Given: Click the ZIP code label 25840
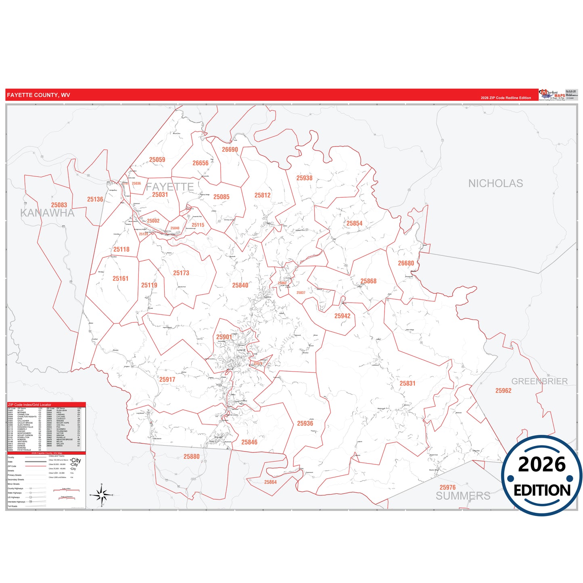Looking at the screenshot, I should pyautogui.click(x=240, y=285).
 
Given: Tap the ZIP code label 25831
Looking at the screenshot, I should pyautogui.click(x=407, y=383).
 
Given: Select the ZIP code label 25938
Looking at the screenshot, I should pyautogui.click(x=304, y=178).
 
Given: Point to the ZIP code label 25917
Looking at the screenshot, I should pyautogui.click(x=167, y=379).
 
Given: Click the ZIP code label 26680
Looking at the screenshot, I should pyautogui.click(x=406, y=263).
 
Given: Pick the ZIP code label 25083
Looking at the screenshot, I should pyautogui.click(x=59, y=205).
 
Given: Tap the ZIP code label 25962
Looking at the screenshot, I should pyautogui.click(x=503, y=391).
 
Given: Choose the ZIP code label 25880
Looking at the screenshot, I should pyautogui.click(x=191, y=456).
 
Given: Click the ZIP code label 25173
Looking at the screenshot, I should pyautogui.click(x=181, y=273).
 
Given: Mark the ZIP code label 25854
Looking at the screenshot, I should pyautogui.click(x=354, y=223).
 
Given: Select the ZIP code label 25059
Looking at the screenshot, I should pyautogui.click(x=157, y=159).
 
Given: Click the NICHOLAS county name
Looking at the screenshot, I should pyautogui.click(x=495, y=184).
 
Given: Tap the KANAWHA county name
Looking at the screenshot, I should pyautogui.click(x=47, y=213).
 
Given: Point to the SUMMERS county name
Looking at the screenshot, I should pyautogui.click(x=463, y=496).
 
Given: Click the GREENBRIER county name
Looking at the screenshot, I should pyautogui.click(x=539, y=381).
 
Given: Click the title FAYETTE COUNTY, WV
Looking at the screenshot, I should pyautogui.click(x=38, y=95).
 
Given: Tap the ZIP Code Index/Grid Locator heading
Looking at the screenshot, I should pyautogui.click(x=29, y=404).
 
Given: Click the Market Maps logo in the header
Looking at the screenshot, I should pyautogui.click(x=552, y=95).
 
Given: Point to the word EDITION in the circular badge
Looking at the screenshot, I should pyautogui.click(x=542, y=490).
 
